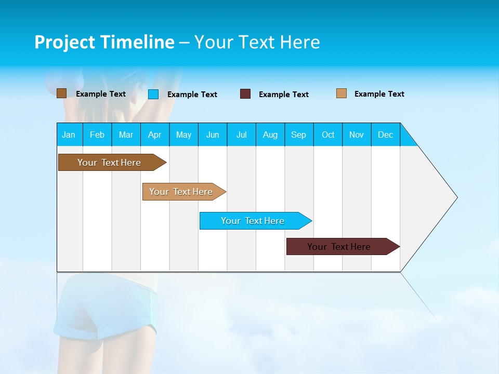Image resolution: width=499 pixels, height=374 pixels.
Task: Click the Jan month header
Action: coord(69,135)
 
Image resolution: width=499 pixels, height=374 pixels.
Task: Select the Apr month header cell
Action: coord(154,135)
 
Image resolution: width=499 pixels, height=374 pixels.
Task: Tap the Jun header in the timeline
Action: coord(213,135)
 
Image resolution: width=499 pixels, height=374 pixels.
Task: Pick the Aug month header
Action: coord(270,135)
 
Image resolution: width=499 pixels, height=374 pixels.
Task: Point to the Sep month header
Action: coord(298,135)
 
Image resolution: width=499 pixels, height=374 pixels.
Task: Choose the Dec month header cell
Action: coord(385,135)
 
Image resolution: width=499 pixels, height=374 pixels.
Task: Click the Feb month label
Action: coord(97,135)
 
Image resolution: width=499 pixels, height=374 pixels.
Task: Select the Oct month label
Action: coord(328,135)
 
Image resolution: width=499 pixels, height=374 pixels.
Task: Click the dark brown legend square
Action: coord(61,94)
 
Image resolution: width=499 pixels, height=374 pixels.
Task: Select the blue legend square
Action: coord(153,94)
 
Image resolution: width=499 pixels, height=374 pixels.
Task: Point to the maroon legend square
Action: coord(245,94)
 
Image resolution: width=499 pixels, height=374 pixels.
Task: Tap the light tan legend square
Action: coord(342,94)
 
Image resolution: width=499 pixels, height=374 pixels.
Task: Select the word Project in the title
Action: coord(64,42)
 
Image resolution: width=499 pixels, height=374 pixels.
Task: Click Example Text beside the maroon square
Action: coord(283,95)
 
